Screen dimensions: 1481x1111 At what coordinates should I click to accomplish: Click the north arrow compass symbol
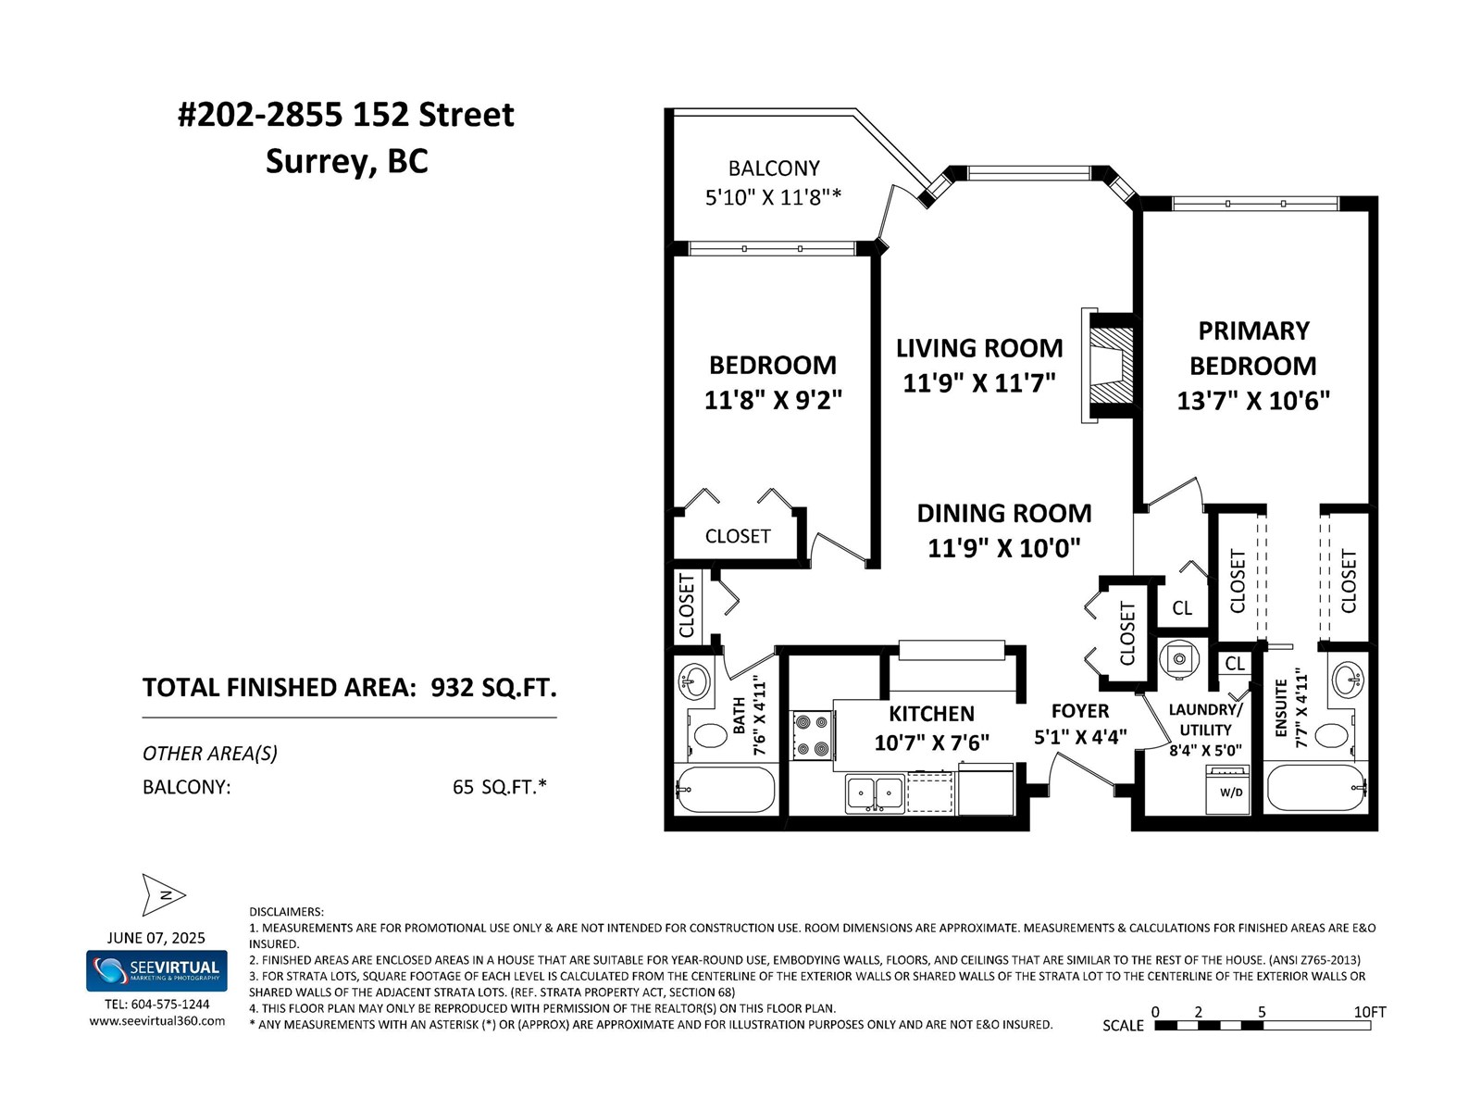[163, 894]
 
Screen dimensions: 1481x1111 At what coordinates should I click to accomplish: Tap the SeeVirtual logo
[156, 970]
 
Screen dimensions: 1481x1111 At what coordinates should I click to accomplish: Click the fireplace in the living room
[1106, 366]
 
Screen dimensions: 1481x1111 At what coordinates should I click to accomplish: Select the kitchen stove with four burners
[813, 735]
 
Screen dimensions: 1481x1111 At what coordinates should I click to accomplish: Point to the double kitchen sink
[875, 794]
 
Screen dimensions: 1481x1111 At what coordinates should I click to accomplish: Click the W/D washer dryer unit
[1231, 789]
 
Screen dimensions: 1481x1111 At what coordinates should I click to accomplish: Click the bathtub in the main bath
[726, 789]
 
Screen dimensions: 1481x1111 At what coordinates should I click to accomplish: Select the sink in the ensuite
[1349, 680]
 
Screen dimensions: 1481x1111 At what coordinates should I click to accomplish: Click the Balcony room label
[774, 168]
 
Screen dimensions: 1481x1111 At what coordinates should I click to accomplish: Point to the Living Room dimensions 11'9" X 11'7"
[979, 383]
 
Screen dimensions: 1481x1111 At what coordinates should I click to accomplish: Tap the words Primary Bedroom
[1253, 348]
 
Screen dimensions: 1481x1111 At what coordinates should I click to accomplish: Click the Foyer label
[1079, 711]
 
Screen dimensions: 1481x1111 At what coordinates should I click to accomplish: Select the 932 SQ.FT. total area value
[494, 687]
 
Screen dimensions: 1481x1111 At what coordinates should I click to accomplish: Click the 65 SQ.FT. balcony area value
[499, 787]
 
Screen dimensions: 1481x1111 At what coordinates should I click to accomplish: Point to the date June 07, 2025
[156, 938]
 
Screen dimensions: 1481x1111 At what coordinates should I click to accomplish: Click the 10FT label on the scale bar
[1370, 1012]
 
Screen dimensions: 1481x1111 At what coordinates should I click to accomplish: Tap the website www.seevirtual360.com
[157, 1020]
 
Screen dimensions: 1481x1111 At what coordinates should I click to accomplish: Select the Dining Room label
[1004, 513]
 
